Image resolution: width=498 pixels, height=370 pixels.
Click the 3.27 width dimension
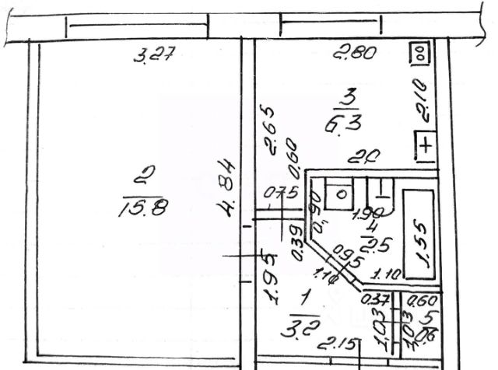tap(153, 57)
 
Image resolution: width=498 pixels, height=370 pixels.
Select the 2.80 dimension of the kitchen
tap(355, 54)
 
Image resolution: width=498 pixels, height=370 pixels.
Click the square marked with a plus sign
tap(427, 145)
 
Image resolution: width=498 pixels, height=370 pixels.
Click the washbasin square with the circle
tap(340, 193)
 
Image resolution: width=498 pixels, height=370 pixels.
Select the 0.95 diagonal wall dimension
tap(348, 257)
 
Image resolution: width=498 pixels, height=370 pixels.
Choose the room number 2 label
tap(142, 178)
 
